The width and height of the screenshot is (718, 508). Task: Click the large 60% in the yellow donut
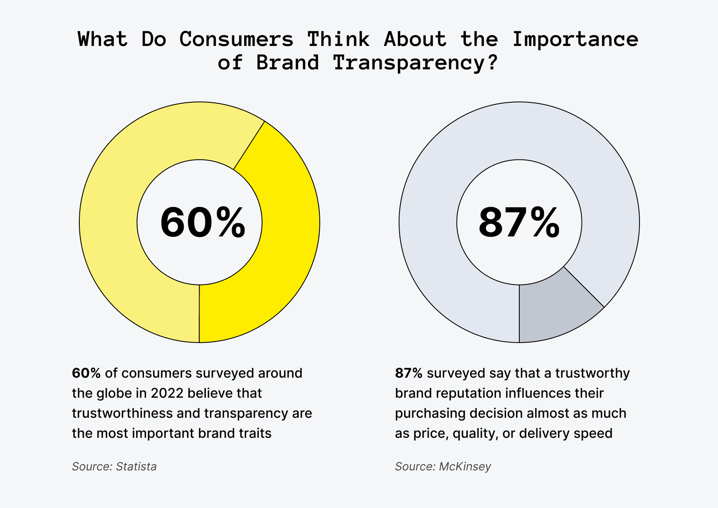pos(203,223)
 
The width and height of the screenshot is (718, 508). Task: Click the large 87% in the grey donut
pos(519,223)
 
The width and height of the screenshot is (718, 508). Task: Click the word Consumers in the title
pos(237,39)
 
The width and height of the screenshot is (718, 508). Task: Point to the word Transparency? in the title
pos(415,63)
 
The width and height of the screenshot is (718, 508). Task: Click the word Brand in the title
pos(288,63)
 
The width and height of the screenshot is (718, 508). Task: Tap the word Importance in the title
pos(575,39)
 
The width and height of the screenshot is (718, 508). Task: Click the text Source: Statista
pos(114,466)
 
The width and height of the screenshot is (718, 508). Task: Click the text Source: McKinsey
pos(443,466)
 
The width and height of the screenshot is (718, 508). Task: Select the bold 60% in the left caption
pos(86,373)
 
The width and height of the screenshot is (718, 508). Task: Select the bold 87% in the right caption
pos(409,373)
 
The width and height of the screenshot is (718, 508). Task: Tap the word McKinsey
pos(465,466)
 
